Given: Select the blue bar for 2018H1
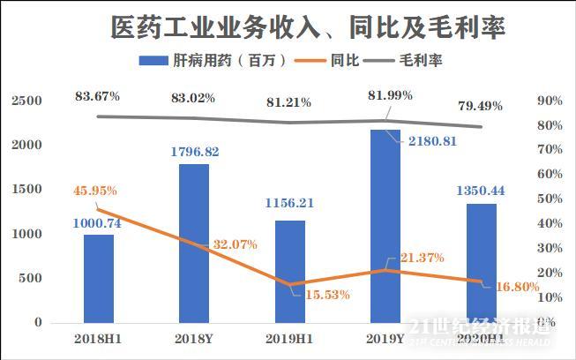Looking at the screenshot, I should tap(99, 278).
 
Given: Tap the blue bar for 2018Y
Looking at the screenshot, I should tap(194, 243).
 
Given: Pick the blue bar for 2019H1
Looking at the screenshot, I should tap(289, 271).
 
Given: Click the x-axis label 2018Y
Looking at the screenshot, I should tap(194, 338).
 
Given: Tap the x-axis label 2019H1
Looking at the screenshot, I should tap(289, 338).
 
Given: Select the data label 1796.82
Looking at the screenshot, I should tap(194, 152).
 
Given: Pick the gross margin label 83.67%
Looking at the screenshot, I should tap(98, 95).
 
